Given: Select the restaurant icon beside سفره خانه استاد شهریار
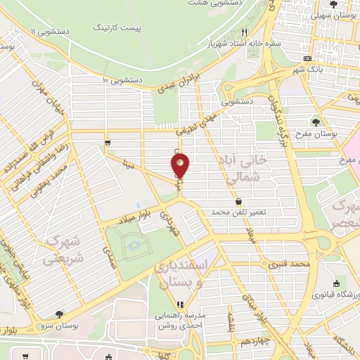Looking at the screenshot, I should pyautogui.click(x=244, y=32).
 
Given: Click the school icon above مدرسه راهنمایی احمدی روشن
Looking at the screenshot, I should pyautogui.click(x=179, y=305).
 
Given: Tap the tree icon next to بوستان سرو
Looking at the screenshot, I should pyautogui.click(x=58, y=314).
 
